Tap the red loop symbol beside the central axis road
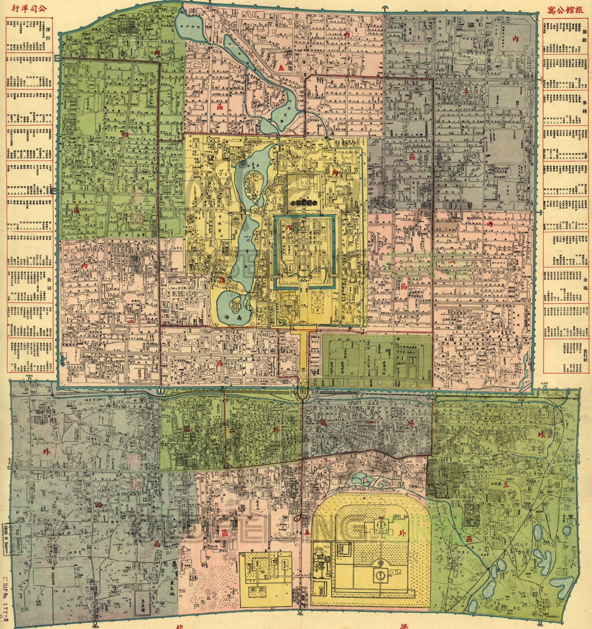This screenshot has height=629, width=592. click(297, 518)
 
